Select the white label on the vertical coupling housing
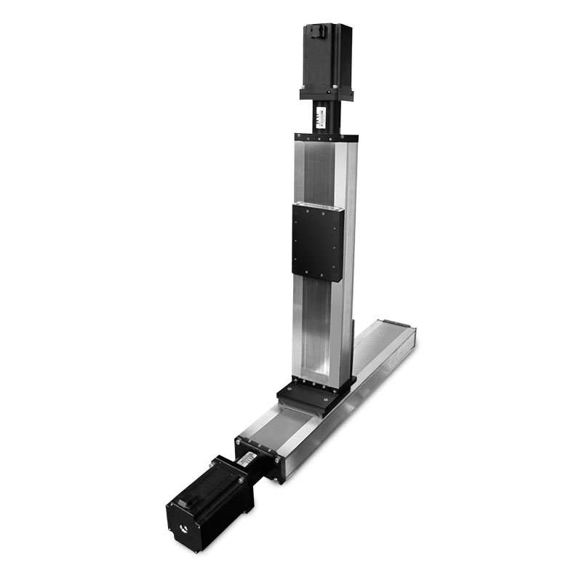click(x=321, y=116)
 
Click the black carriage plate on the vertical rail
click(x=317, y=242)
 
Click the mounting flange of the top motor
click(x=326, y=94)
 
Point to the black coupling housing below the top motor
click(x=324, y=116)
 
